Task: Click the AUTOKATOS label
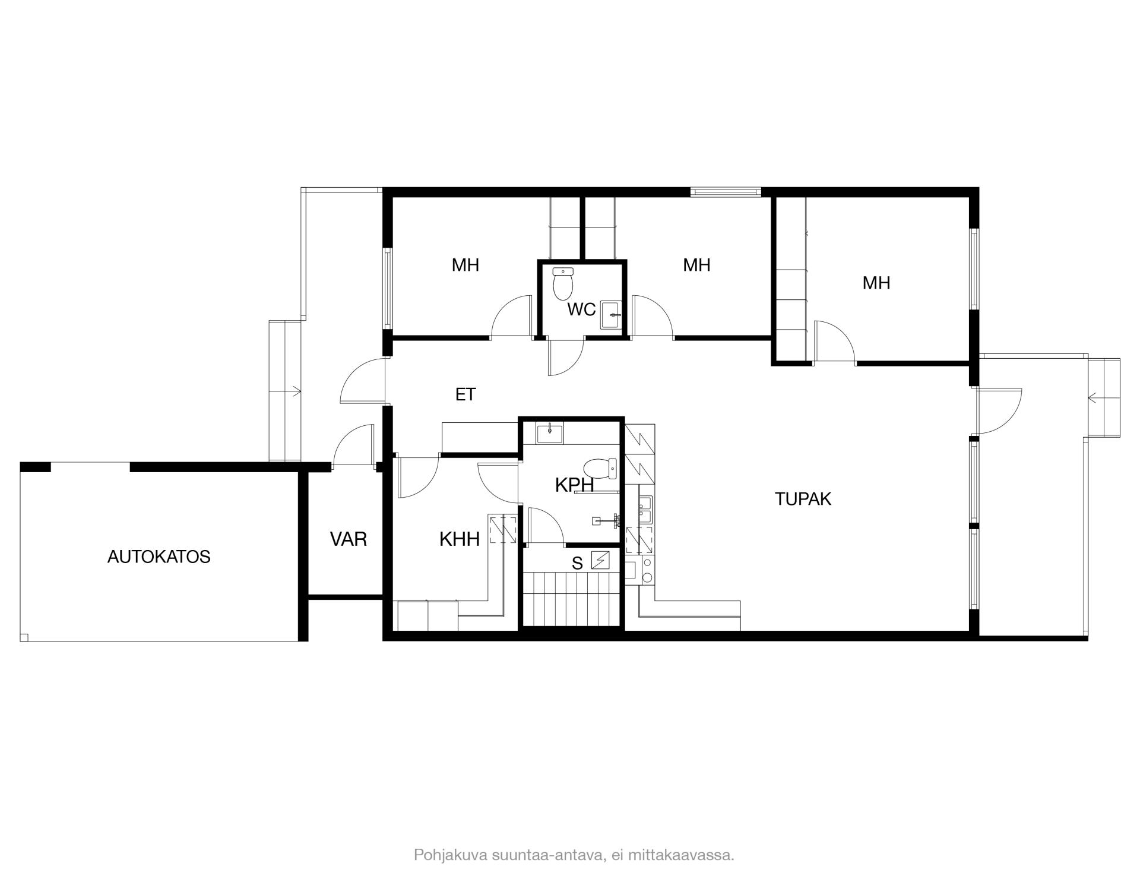[159, 557]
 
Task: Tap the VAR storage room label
[349, 539]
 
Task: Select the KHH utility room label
[460, 539]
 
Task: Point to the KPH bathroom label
[574, 485]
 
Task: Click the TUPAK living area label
[803, 499]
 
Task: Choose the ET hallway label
[465, 394]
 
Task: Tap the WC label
[581, 309]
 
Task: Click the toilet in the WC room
[563, 283]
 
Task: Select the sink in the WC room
[611, 315]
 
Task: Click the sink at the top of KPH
[550, 434]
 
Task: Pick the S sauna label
[577, 564]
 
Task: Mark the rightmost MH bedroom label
[876, 283]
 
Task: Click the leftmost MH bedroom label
[465, 265]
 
